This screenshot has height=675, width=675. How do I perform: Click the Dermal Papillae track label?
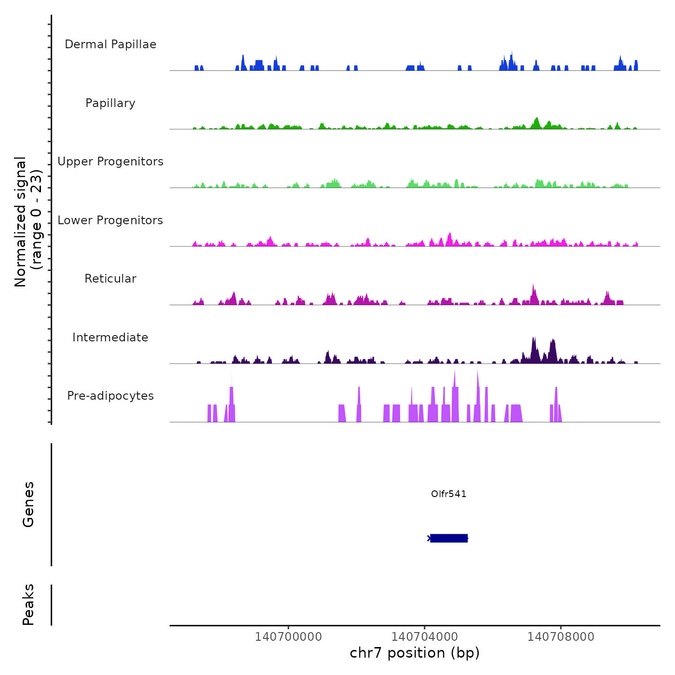110,44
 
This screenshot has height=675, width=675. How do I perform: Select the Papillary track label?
110,103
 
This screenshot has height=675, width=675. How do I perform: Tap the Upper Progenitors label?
110,162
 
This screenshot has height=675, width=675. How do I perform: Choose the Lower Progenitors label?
110,220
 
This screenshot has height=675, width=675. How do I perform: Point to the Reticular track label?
110,279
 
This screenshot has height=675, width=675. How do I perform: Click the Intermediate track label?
110,337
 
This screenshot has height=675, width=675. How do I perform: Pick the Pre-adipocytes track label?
110,396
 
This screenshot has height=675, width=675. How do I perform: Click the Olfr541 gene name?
448,494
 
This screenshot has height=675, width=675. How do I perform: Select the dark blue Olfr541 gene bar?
448,538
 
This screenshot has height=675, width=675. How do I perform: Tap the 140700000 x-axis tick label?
288,636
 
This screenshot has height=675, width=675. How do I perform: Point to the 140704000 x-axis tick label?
424,636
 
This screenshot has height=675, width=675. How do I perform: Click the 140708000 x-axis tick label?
561,636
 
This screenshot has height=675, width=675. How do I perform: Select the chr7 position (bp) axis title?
415,653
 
